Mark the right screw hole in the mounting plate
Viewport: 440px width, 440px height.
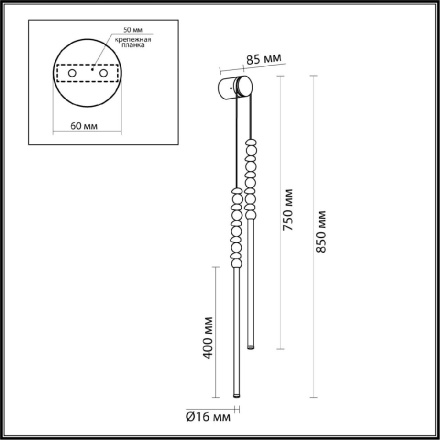coord(100,72)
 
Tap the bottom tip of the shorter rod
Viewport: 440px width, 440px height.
coord(250,347)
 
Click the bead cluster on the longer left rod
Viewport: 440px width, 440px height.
coord(236,230)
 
